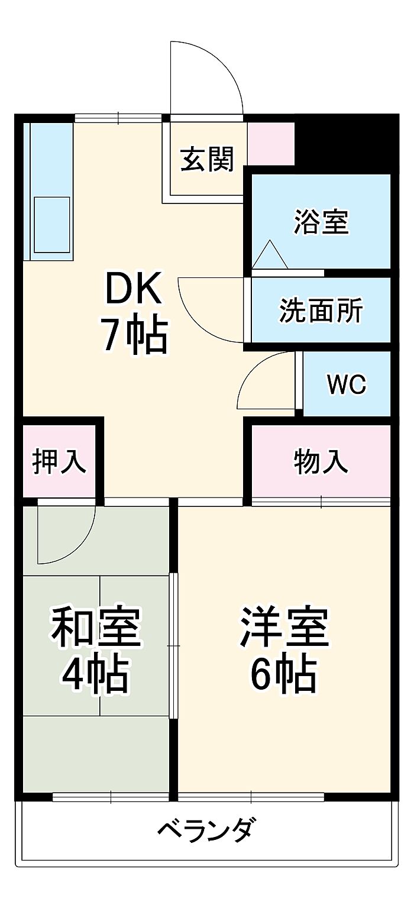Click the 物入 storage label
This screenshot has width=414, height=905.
coord(321,461)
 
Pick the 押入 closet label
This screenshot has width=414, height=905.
coord(59,461)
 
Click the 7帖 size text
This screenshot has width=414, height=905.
coord(134,335)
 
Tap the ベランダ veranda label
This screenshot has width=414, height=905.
coord(207,830)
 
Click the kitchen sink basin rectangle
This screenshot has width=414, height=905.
coord(51,224)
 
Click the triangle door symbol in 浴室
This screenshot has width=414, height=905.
coord(270,256)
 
